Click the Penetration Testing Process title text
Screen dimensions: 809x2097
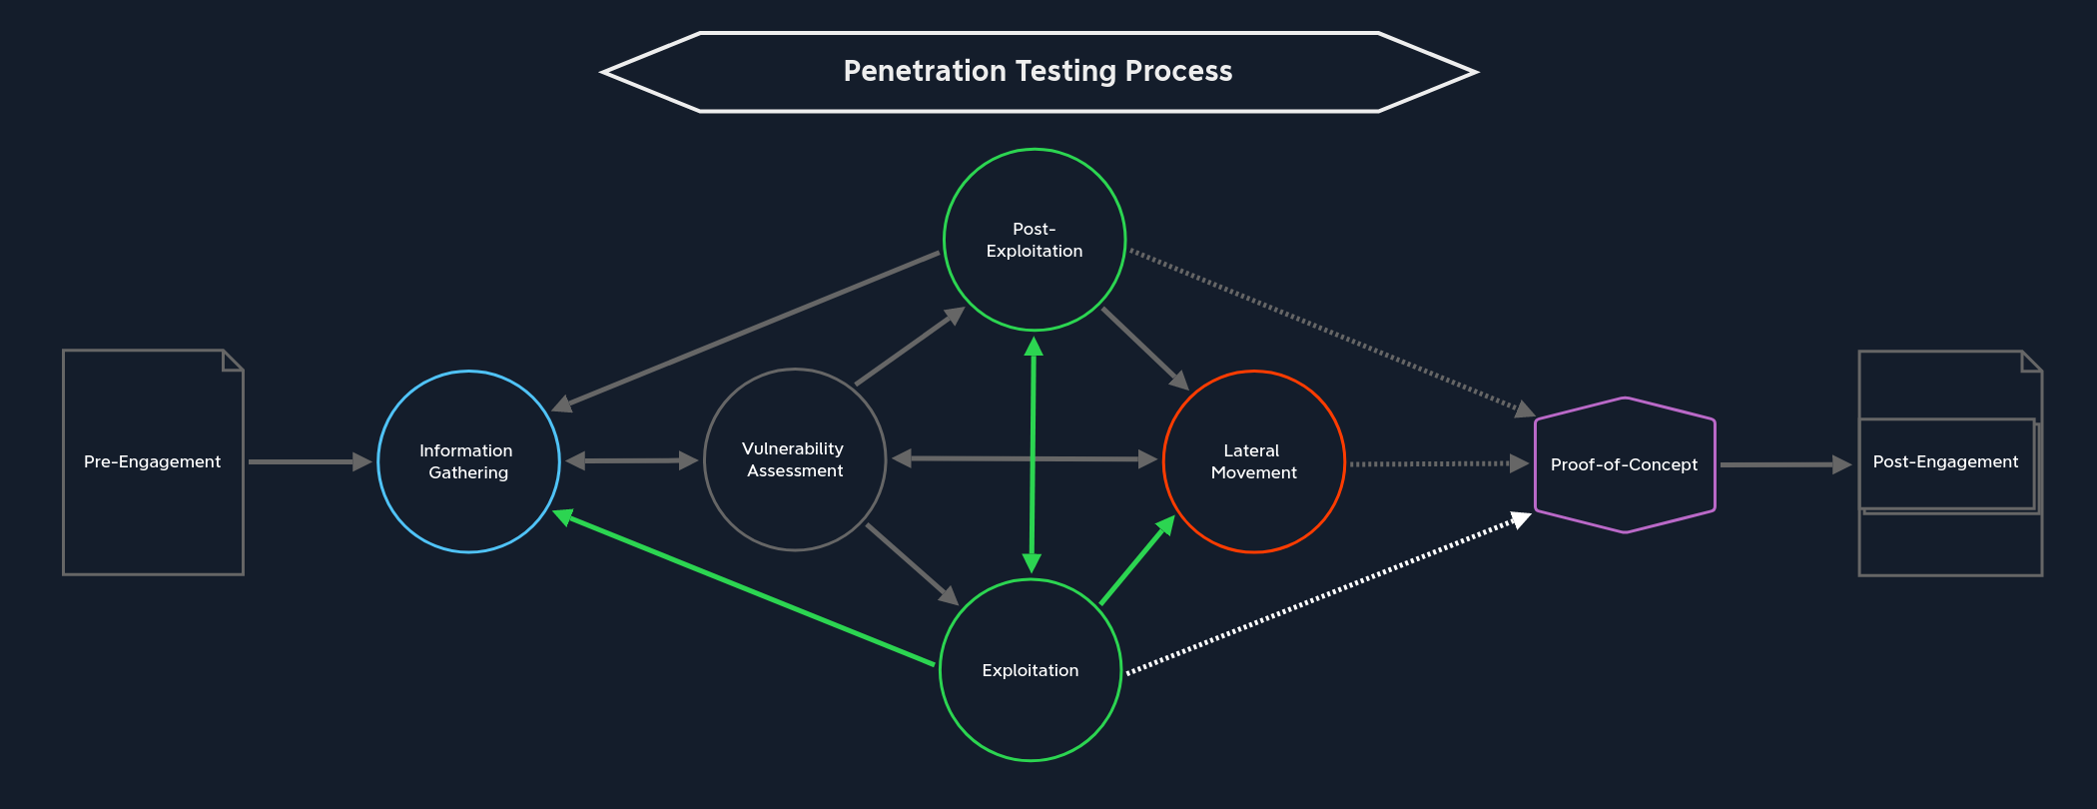1038,71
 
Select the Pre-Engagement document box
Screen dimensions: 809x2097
153,461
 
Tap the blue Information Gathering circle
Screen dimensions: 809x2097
468,461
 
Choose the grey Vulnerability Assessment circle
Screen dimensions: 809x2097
795,459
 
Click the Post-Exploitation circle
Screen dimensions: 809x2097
1035,240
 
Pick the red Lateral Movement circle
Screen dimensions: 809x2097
1253,461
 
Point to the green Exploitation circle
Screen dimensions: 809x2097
1031,670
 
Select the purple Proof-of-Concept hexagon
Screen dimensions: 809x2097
1625,464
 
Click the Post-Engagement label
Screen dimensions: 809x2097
1945,461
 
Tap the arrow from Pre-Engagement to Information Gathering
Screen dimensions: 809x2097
310,461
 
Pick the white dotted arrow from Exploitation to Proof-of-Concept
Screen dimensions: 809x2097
1328,595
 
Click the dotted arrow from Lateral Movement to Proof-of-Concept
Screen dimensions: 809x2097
1438,463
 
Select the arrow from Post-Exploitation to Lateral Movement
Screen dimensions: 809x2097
1144,349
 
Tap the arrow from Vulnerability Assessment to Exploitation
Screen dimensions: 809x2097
912,563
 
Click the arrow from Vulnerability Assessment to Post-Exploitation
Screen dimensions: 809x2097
910,347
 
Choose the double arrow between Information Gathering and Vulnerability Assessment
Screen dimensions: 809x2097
631,460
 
